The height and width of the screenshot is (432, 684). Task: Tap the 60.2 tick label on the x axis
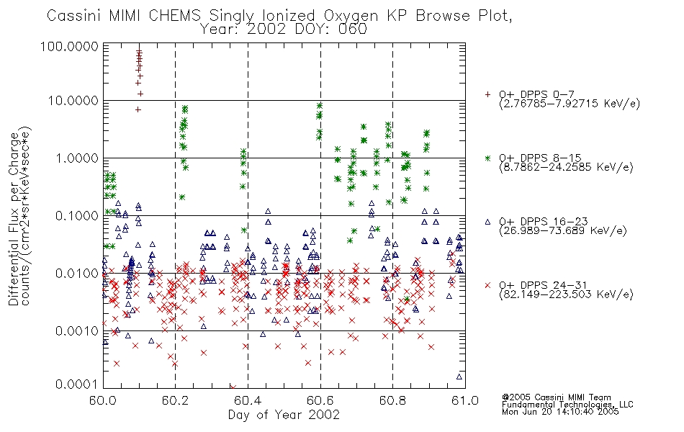(x=175, y=400)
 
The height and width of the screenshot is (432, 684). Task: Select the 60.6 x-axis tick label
(x=320, y=400)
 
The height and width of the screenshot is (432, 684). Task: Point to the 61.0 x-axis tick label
(x=465, y=400)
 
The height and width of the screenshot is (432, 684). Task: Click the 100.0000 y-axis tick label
(x=70, y=46)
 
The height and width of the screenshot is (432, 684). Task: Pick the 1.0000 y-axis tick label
(x=77, y=158)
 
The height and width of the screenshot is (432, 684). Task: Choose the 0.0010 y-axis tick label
(x=77, y=330)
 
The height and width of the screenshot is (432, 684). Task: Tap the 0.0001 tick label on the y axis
(x=77, y=384)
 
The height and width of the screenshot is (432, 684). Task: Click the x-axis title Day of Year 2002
(x=284, y=415)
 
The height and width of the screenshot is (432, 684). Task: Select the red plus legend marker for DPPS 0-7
(x=487, y=94)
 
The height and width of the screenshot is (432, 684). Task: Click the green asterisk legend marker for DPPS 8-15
(x=487, y=158)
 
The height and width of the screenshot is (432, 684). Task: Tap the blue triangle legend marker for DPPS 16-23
(x=487, y=222)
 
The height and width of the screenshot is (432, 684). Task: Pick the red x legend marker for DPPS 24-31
(x=487, y=285)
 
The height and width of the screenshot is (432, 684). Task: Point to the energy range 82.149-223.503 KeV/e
(x=566, y=294)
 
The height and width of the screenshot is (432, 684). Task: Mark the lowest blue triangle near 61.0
(x=459, y=377)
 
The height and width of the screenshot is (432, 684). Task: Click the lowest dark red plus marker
(x=138, y=109)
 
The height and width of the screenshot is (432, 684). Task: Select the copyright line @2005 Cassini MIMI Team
(x=557, y=397)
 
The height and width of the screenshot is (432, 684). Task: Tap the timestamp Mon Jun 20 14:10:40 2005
(x=560, y=412)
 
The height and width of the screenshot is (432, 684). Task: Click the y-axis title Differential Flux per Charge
(x=14, y=219)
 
